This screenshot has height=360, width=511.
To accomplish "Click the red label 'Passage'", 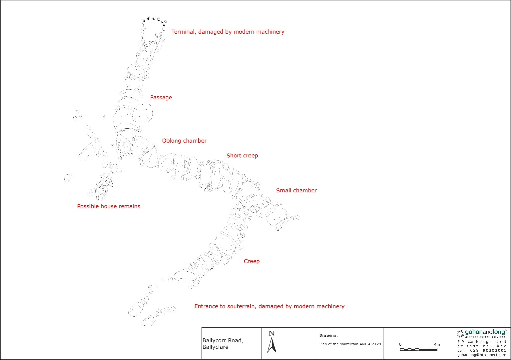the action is pos(161,97).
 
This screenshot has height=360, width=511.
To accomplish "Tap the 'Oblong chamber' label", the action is pos(184,141).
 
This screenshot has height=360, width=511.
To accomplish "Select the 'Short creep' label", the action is pos(242,156).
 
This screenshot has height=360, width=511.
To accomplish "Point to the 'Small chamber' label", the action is pos(296,190).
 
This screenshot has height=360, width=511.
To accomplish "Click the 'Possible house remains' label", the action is pos(109,206).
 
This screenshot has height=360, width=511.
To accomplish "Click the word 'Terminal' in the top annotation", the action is pos(184,32).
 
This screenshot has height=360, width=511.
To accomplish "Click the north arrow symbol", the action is pos(272,345).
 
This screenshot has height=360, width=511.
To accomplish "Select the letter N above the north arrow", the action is pos(271,333).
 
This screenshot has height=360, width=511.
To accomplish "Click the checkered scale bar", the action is pos(418,349).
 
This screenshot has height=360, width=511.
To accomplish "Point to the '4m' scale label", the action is pos(437,345).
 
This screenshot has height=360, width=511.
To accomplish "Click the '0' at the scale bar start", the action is pos(400,344).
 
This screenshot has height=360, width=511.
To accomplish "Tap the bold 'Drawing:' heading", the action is pos(328,335).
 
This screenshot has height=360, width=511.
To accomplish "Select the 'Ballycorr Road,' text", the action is pos(223,341).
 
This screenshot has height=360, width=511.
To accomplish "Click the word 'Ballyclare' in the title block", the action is pos(215,347).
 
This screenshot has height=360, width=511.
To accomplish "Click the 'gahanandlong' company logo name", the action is pos(485,332).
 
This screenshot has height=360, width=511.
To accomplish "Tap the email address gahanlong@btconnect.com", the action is pos(482,355).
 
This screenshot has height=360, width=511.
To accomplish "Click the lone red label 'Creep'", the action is pos(252,261).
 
